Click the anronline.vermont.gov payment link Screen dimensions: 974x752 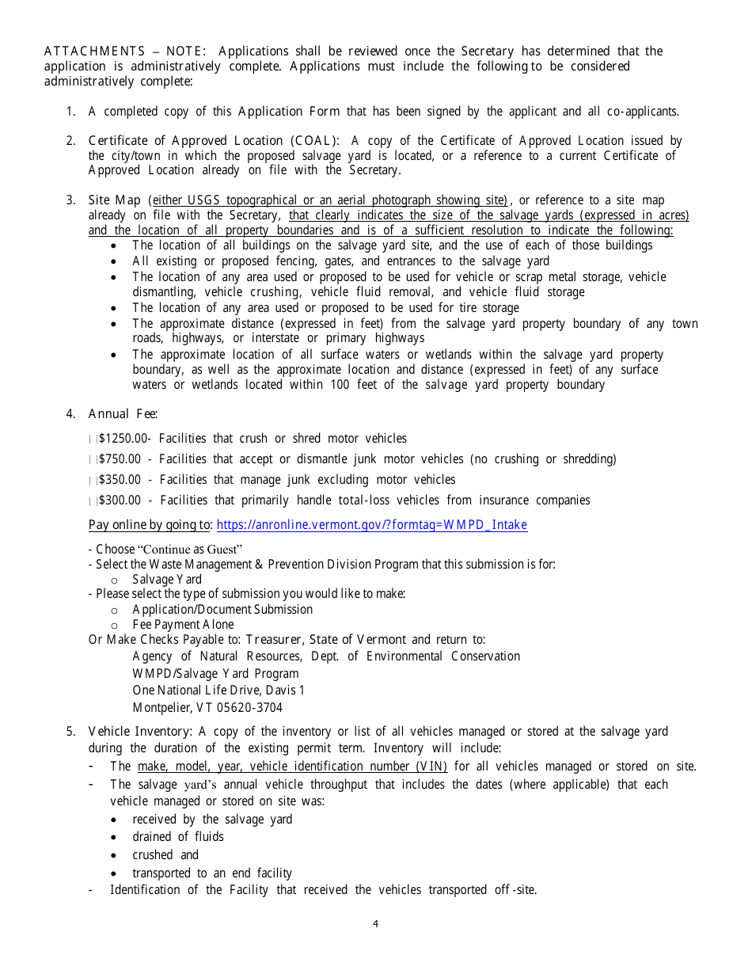(x=371, y=525)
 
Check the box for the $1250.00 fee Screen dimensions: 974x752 (x=93, y=439)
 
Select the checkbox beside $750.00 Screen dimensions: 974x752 (x=93, y=459)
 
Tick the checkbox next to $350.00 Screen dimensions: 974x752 (x=93, y=480)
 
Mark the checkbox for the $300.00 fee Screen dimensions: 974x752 (x=93, y=500)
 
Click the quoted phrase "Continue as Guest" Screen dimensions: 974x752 (x=190, y=550)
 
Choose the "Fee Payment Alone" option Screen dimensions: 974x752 (x=183, y=625)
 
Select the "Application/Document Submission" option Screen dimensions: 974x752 (x=222, y=610)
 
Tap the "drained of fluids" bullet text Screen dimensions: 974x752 (x=178, y=837)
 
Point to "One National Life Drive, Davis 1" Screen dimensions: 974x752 (x=218, y=691)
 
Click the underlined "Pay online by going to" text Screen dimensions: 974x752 (x=150, y=525)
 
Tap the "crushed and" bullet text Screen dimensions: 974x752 (x=165, y=855)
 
